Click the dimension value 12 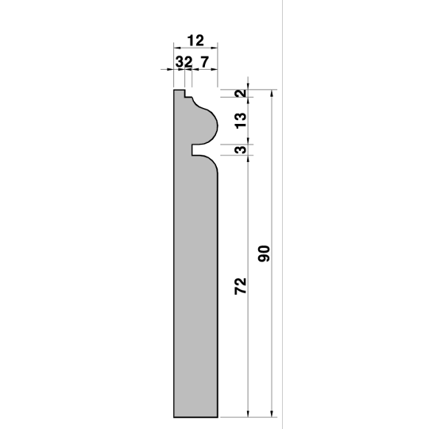[x=195, y=41]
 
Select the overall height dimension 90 [x=264, y=253]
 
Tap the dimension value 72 [x=241, y=286]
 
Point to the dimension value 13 [x=241, y=121]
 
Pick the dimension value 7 [x=205, y=62]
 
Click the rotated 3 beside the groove [x=241, y=149]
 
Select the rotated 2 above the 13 [x=241, y=94]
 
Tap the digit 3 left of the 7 [x=180, y=62]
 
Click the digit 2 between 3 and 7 [x=188, y=62]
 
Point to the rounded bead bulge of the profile [x=208, y=125]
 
